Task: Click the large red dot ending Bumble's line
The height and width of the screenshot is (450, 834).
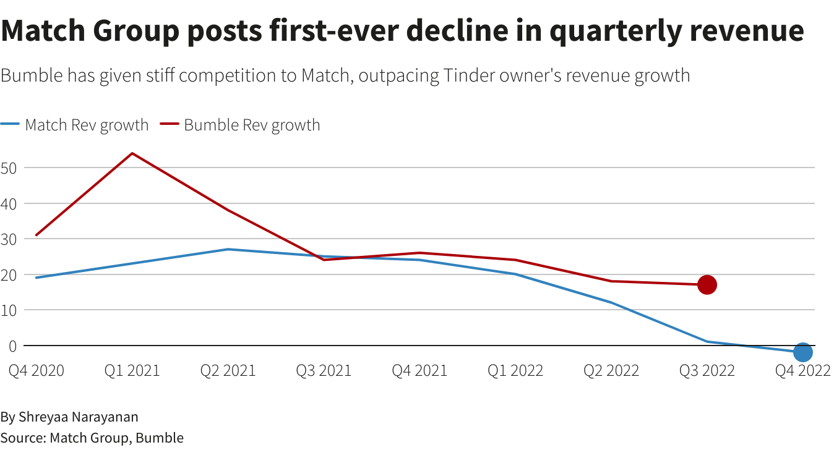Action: [707, 284]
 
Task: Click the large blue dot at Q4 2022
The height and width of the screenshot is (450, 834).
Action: [802, 352]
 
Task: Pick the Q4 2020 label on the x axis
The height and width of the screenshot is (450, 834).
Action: [36, 370]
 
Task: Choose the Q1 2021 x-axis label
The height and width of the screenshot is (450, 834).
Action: [132, 370]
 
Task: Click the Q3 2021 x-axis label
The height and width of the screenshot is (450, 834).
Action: [324, 370]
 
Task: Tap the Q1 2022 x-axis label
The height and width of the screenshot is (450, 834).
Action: [515, 370]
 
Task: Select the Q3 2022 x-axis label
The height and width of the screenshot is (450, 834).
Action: [707, 370]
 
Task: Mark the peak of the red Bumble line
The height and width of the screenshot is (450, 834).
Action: [132, 153]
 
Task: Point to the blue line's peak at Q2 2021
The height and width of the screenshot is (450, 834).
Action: [228, 249]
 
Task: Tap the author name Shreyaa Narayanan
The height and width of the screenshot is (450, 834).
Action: [78, 417]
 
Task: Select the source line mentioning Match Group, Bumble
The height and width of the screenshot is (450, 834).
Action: [92, 438]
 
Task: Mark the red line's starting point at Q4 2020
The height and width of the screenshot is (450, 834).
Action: [37, 235]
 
